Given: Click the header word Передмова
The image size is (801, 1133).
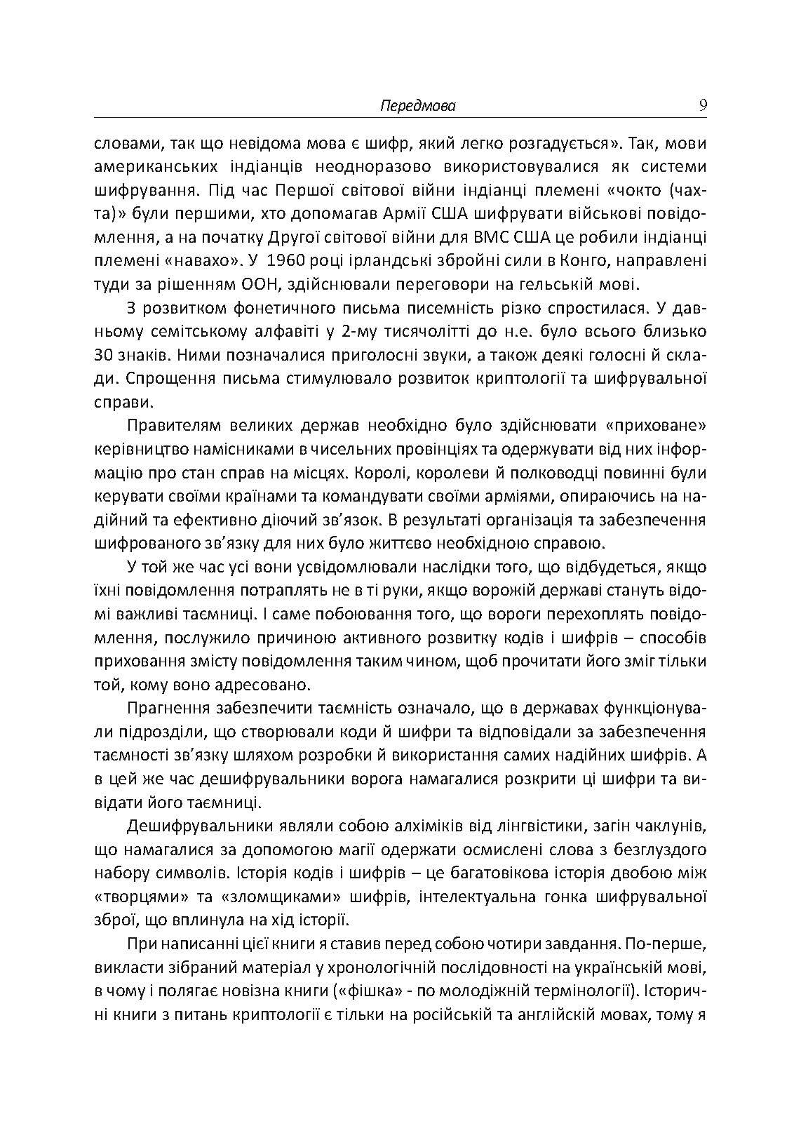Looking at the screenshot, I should (418, 106).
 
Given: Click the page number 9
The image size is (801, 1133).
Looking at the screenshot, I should (702, 105).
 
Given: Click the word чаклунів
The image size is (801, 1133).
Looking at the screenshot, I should (664, 826).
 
